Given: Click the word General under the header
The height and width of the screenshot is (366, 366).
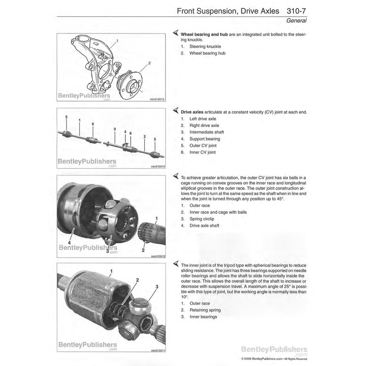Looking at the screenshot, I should coord(296,21).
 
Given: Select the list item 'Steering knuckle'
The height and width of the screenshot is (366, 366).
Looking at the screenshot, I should coord(205,47).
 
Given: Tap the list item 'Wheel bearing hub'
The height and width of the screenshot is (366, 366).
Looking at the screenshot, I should coord(207,53).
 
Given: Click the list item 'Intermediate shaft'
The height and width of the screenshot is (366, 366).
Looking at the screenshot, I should coord(207,132).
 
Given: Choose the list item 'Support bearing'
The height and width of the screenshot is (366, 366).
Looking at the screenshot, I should coord(205,139).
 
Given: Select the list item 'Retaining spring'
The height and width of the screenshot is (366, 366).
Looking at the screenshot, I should coord(205,310).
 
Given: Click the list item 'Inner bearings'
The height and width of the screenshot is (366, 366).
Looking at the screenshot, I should coord(203,316).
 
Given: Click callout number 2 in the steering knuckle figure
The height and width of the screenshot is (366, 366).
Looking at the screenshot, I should coord(149,63).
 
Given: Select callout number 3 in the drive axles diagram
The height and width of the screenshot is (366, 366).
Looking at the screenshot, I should coord(115,129).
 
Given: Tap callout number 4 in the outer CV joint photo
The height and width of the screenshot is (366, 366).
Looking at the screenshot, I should coord(69,243).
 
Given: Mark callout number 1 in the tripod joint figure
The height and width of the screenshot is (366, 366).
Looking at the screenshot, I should coord(112,271).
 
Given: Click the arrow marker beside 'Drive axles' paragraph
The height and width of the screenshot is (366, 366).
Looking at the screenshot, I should coord(175,111).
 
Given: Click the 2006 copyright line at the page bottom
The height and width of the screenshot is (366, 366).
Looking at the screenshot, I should coord(274,359).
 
